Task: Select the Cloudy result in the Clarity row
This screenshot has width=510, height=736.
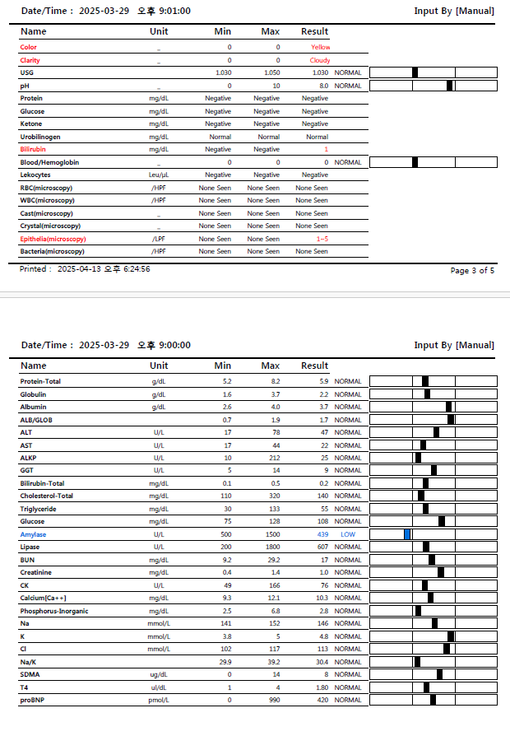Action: [x=319, y=61]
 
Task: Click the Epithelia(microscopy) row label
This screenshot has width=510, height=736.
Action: [x=53, y=239]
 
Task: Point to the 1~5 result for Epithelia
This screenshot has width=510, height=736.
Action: [x=320, y=239]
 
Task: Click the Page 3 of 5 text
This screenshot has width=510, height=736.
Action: [x=472, y=270]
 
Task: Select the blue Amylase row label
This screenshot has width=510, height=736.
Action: [x=35, y=534]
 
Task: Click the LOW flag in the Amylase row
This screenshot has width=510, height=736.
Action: [x=348, y=534]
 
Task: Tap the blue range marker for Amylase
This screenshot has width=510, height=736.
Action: [x=406, y=534]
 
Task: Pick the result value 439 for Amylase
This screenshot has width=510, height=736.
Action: [x=322, y=534]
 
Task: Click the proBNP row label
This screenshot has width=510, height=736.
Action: [x=34, y=701]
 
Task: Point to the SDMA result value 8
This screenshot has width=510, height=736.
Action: [x=326, y=674]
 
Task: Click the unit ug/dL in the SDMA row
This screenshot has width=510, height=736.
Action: [x=159, y=674]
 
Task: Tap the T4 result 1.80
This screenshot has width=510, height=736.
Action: [x=320, y=687]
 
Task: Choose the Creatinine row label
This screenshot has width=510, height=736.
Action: [x=36, y=572]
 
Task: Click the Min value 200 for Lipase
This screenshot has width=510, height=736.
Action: [x=224, y=547]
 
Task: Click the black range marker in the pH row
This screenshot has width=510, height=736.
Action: [x=449, y=86]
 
